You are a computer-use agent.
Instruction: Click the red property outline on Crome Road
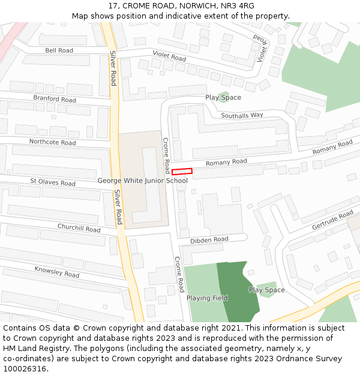(x=182, y=172)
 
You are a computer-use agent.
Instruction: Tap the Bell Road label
(x=59, y=50)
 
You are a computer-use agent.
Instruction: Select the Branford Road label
(x=55, y=98)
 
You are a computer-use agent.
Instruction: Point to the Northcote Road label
(x=52, y=142)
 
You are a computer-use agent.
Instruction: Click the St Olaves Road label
(x=53, y=182)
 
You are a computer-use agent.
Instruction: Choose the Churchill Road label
(x=79, y=228)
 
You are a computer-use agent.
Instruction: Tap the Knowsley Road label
(x=56, y=272)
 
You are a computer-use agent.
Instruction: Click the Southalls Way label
(x=242, y=115)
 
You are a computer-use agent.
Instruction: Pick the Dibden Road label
(x=209, y=240)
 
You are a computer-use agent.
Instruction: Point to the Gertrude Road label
(x=332, y=221)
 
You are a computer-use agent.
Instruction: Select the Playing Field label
(x=207, y=298)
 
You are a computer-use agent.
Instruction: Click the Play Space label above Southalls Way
(x=223, y=97)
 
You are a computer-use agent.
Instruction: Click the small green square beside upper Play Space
(x=224, y=96)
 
